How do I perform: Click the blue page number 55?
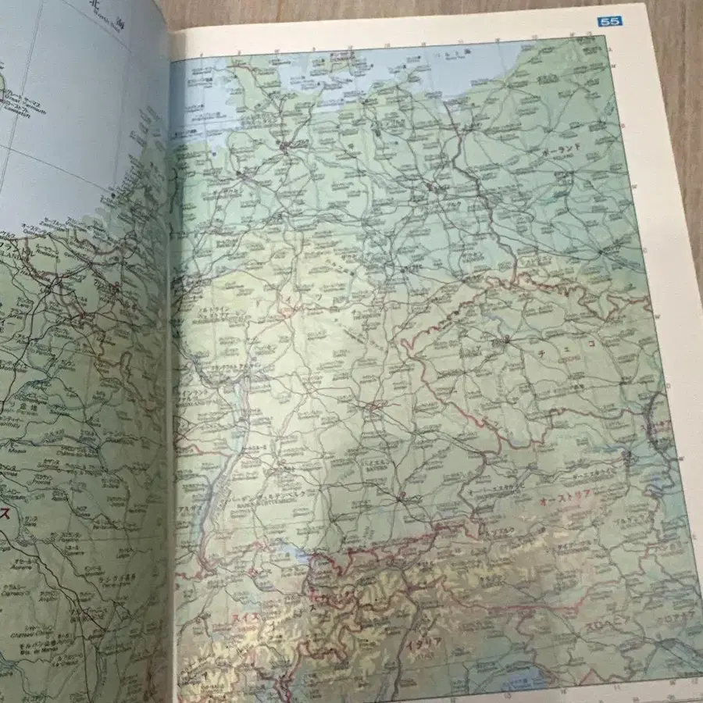608,22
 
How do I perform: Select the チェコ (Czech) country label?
559,353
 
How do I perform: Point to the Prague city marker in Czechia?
505,339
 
